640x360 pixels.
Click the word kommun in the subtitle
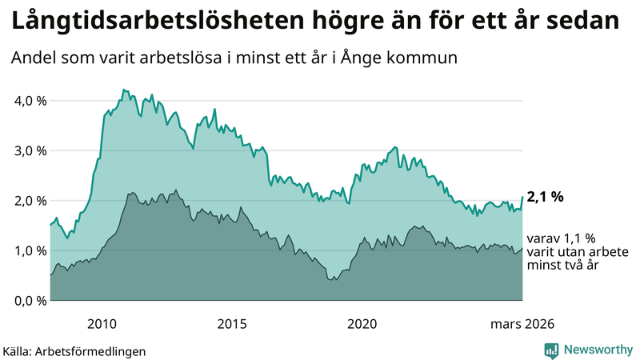tap(423, 58)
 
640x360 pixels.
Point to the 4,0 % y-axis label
tap(30, 101)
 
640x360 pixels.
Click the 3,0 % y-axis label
tap(30, 150)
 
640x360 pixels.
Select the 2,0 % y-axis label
tap(30, 201)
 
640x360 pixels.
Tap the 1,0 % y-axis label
tap(30, 250)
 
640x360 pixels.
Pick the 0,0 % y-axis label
tap(30, 301)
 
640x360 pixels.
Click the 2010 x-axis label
tap(102, 324)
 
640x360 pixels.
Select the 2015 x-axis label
tap(232, 324)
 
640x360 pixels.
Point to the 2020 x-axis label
tap(362, 324)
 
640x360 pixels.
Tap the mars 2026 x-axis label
tap(522, 324)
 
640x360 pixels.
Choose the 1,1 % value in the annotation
tap(573, 238)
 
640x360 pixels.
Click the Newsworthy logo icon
tap(551, 350)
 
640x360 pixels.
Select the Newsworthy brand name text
tap(597, 350)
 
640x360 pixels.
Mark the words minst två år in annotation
tap(560, 265)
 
